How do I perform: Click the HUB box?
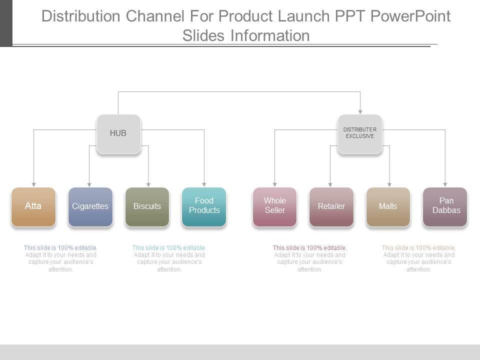coord(118,133)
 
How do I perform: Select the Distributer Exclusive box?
coord(359,133)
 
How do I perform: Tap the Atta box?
coord(33,206)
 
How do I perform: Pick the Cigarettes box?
coord(90,206)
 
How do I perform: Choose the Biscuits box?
coord(147,206)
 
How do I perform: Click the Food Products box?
coord(204,206)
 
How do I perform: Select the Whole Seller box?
coord(274,206)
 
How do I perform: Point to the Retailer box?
coord(331,206)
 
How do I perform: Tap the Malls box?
coord(388,206)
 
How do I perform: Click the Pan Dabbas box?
coord(445,206)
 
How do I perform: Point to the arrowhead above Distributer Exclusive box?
coord(360,111)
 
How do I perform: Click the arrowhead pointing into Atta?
coord(33,184)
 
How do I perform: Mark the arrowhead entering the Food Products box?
coord(204,184)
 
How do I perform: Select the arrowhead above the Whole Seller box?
coord(274,184)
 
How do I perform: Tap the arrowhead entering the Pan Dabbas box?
coord(445,184)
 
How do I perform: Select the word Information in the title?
coord(270,35)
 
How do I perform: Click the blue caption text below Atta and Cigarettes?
coord(61,258)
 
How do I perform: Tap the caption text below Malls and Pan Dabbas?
coord(419,258)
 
